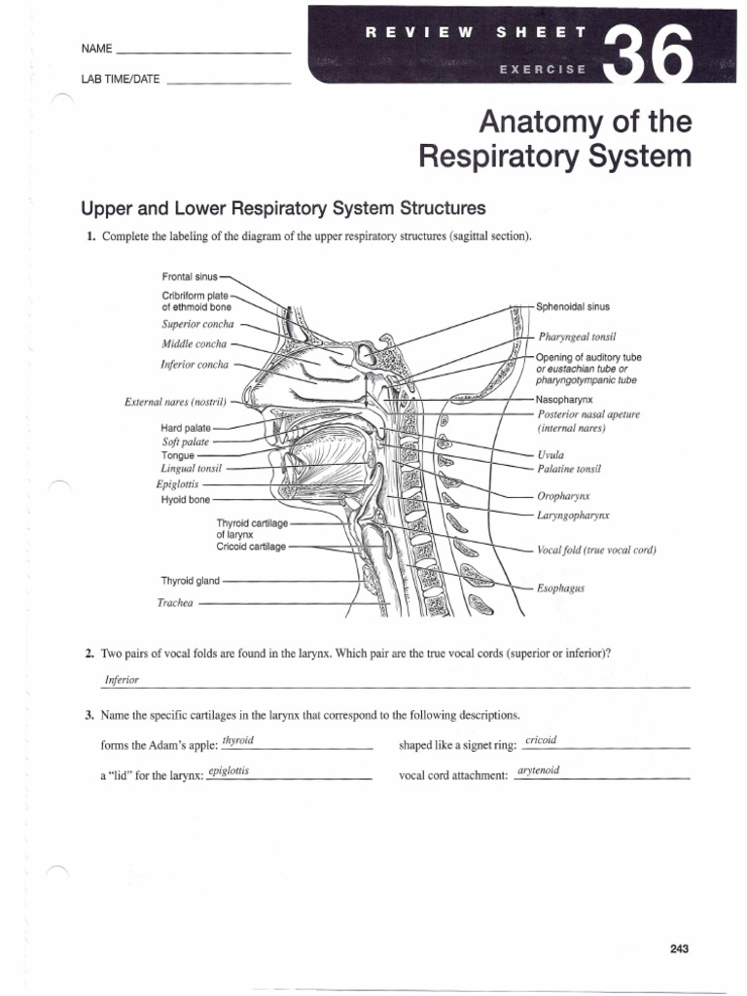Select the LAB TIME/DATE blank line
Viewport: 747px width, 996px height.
click(229, 82)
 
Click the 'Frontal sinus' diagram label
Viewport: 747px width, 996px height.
click(191, 276)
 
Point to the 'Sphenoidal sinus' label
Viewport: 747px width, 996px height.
click(573, 305)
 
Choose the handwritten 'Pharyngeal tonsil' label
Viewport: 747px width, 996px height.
click(577, 337)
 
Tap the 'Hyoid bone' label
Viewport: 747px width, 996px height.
click(185, 499)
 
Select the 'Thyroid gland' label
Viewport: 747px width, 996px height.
click(191, 581)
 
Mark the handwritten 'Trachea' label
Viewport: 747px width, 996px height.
click(176, 603)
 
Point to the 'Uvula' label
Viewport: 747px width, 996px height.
click(551, 454)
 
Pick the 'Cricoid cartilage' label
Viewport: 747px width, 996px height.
click(251, 547)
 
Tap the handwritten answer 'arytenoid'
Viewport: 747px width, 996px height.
click(539, 770)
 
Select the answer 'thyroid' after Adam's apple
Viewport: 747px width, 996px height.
click(237, 740)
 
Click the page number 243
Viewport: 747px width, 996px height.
click(679, 922)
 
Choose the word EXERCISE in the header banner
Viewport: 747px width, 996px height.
click(543, 69)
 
